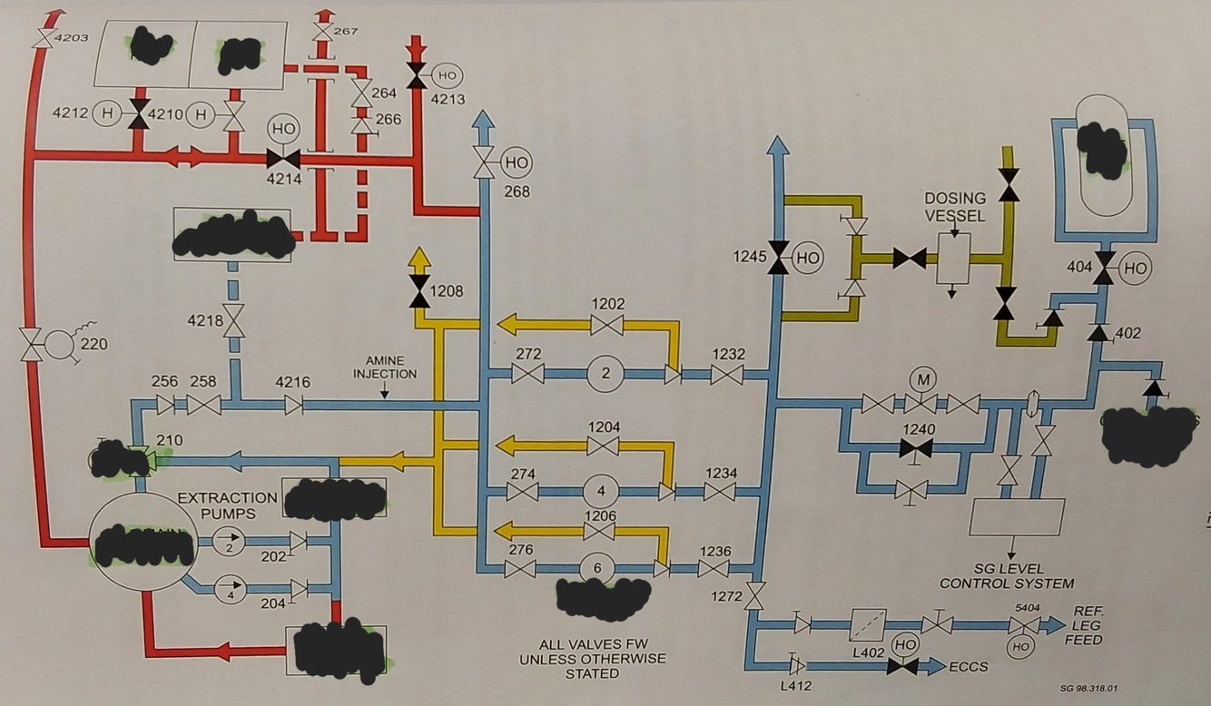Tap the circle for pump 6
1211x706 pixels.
pyautogui.click(x=597, y=568)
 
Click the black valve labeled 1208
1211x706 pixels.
pyautogui.click(x=418, y=291)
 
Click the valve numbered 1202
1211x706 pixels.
pyautogui.click(x=605, y=324)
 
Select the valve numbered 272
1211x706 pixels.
pyautogui.click(x=527, y=373)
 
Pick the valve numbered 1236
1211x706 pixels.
pyautogui.click(x=714, y=569)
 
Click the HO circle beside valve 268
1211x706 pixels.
pyautogui.click(x=516, y=163)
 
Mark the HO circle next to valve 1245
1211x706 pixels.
pyautogui.click(x=807, y=258)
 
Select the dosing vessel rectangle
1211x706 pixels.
pyautogui.click(x=953, y=257)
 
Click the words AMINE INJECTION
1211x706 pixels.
pyautogui.click(x=385, y=368)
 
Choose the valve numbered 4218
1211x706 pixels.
pyautogui.click(x=235, y=320)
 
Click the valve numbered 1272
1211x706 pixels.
pyautogui.click(x=755, y=596)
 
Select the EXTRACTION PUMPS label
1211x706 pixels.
pyautogui.click(x=228, y=505)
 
